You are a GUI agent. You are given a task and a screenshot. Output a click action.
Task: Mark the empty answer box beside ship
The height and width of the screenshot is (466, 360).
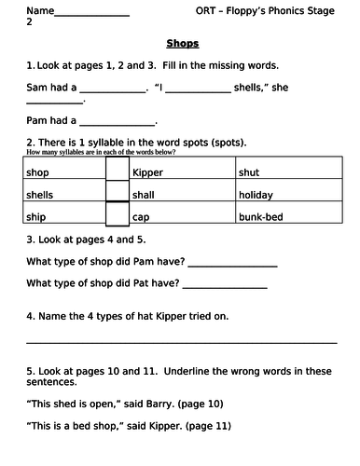117,214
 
